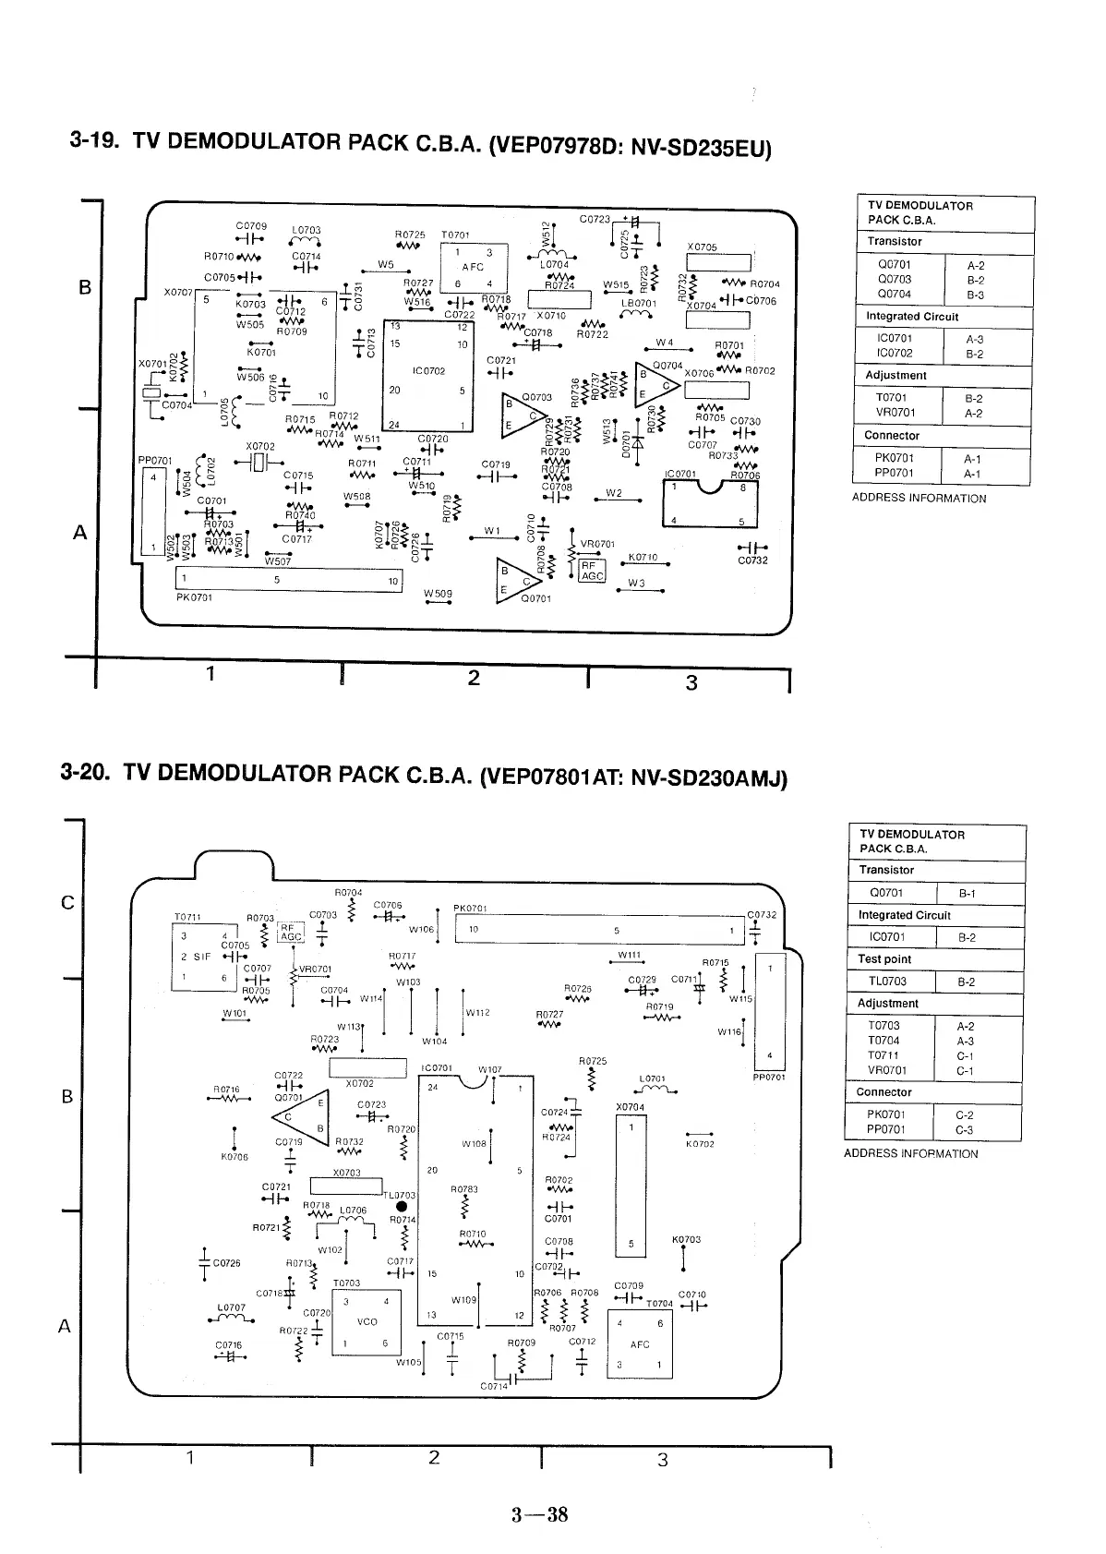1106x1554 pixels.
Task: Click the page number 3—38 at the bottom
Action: [540, 1514]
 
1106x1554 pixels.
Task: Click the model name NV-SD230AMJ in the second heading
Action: [708, 778]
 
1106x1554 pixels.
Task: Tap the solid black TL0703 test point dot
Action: [402, 1206]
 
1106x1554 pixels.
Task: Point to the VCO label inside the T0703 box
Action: [367, 1321]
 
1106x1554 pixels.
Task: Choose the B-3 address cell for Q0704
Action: [975, 295]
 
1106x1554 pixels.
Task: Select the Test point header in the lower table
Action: [884, 959]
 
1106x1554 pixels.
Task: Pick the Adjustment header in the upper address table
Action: [896, 376]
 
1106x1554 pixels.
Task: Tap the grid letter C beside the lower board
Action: [66, 903]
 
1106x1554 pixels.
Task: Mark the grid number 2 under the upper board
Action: [474, 679]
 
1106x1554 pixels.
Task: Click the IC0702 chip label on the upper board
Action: [428, 371]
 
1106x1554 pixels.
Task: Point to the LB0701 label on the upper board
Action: [639, 302]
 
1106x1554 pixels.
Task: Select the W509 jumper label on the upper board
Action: [438, 593]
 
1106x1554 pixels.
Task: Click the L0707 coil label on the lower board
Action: [232, 1307]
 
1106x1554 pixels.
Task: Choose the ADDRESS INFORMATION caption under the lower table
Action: [910, 1153]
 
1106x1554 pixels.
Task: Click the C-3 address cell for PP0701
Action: [966, 1129]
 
